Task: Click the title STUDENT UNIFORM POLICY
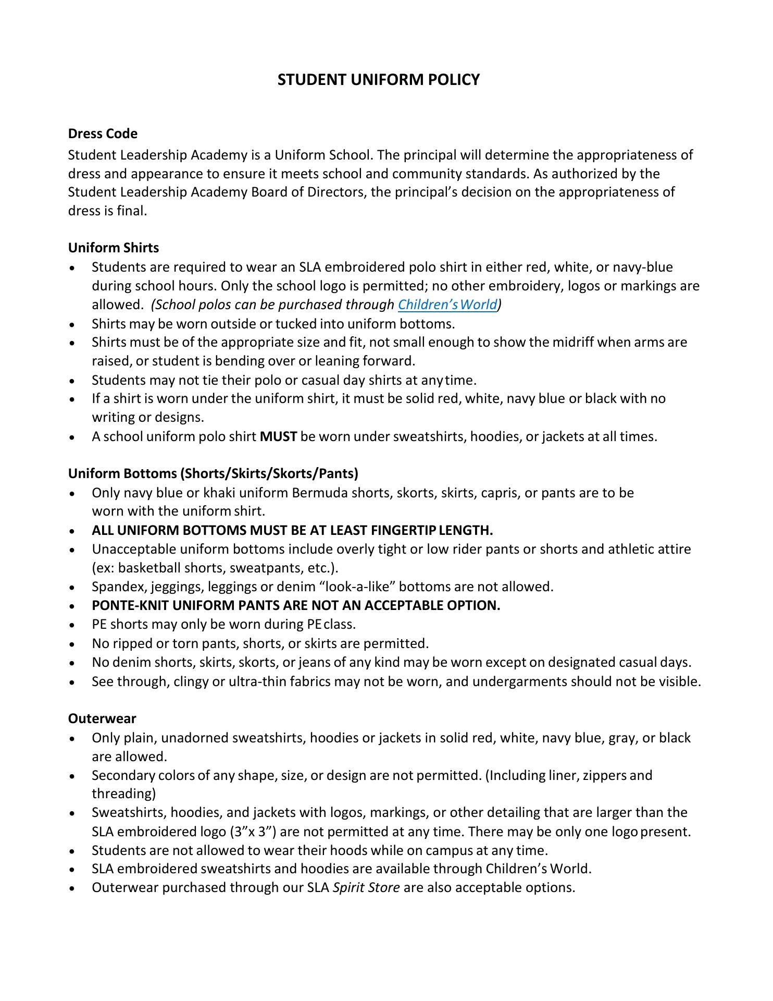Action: point(378,80)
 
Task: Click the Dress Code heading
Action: point(103,133)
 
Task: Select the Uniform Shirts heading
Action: point(114,248)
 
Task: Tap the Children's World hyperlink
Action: point(447,304)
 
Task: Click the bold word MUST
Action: point(278,436)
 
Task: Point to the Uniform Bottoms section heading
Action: point(213,473)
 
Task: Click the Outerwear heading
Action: point(102,718)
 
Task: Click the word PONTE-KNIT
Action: point(130,605)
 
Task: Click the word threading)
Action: point(124,794)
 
